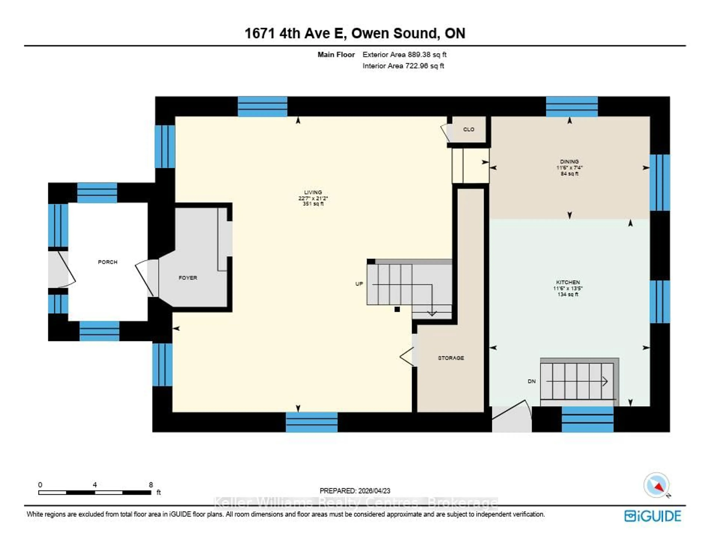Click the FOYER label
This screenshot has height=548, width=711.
tap(188, 278)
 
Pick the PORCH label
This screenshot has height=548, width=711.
tap(107, 262)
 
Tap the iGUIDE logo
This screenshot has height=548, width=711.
tap(652, 516)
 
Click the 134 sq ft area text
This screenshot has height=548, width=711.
tap(568, 294)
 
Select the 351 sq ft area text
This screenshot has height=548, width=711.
tap(313, 204)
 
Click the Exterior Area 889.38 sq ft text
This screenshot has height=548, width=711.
tap(404, 55)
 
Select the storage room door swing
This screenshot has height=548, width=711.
tap(407, 357)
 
